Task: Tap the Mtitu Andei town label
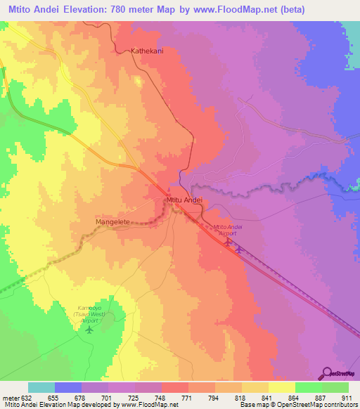tap(184, 200)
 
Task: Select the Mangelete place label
tap(112, 221)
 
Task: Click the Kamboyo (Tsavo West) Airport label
tap(89, 314)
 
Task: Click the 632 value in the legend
tap(26, 398)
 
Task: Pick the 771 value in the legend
tap(188, 398)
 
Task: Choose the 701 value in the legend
tap(108, 398)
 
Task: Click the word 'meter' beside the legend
tap(11, 398)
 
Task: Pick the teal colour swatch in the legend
tap(41, 387)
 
